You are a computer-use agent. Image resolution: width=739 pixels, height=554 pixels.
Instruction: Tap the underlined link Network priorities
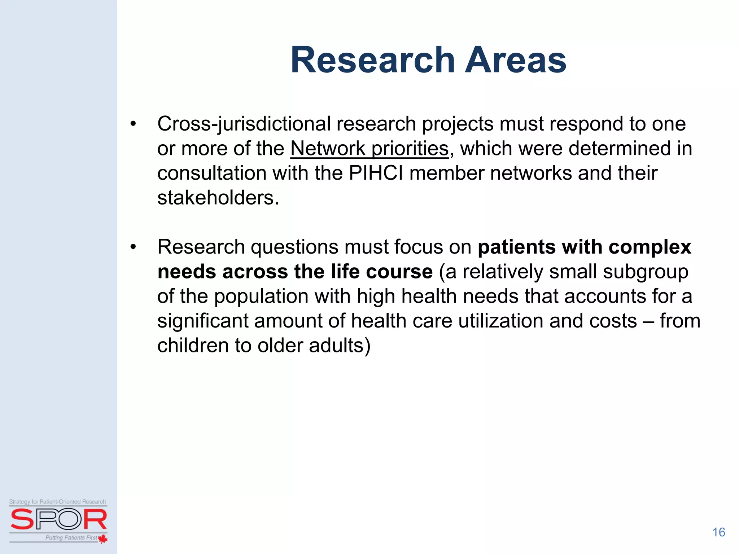click(369, 149)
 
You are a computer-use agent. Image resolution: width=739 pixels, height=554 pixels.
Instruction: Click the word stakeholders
click(218, 198)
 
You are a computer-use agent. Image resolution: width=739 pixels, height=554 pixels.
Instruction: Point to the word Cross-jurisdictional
click(244, 124)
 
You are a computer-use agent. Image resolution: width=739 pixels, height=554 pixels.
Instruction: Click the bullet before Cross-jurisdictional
click(133, 124)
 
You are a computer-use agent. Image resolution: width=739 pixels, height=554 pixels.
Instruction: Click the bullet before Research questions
click(133, 247)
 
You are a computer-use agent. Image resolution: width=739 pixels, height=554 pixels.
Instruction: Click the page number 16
click(718, 532)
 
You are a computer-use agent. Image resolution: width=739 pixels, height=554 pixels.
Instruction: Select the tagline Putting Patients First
click(71, 538)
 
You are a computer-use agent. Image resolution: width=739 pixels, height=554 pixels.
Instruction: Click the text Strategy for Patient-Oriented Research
click(58, 502)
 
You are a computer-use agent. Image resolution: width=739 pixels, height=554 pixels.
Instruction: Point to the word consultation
click(211, 173)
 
